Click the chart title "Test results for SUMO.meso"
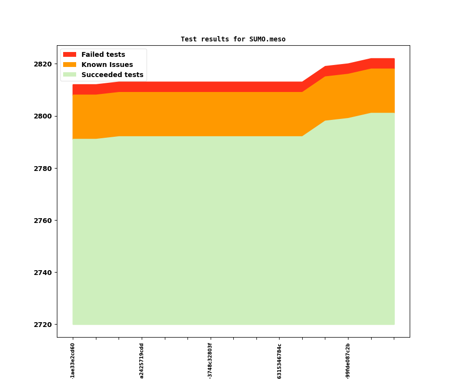[233, 39]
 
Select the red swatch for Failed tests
[70, 54]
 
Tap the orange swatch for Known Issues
[70, 65]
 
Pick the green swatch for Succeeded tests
[70, 75]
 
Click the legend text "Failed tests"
[103, 54]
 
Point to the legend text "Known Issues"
[107, 65]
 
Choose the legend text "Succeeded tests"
[112, 75]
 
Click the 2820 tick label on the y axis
[42, 64]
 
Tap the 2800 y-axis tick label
[42, 116]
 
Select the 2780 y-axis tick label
[42, 169]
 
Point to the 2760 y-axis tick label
[42, 221]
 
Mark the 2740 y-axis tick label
[42, 273]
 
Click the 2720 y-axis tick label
[42, 325]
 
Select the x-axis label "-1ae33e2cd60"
[73, 360]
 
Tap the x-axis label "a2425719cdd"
[142, 361]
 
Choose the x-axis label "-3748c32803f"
[210, 361]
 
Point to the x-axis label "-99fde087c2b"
[348, 361]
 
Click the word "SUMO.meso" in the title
[268, 39]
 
